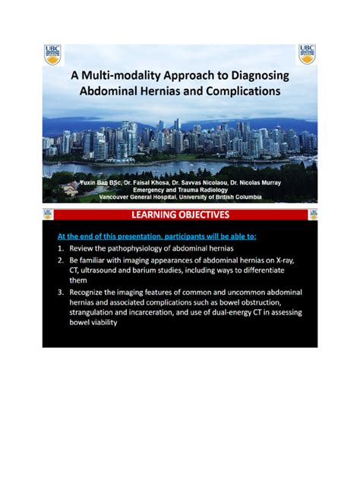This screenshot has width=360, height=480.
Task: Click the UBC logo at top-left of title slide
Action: pyautogui.click(x=52, y=54)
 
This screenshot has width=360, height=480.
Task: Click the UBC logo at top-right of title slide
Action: pyautogui.click(x=308, y=54)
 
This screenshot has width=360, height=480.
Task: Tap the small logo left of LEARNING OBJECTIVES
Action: pyautogui.click(x=48, y=215)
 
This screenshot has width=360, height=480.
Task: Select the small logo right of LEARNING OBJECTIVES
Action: pyautogui.click(x=313, y=215)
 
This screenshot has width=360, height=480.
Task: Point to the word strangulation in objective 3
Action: pyautogui.click(x=95, y=311)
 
